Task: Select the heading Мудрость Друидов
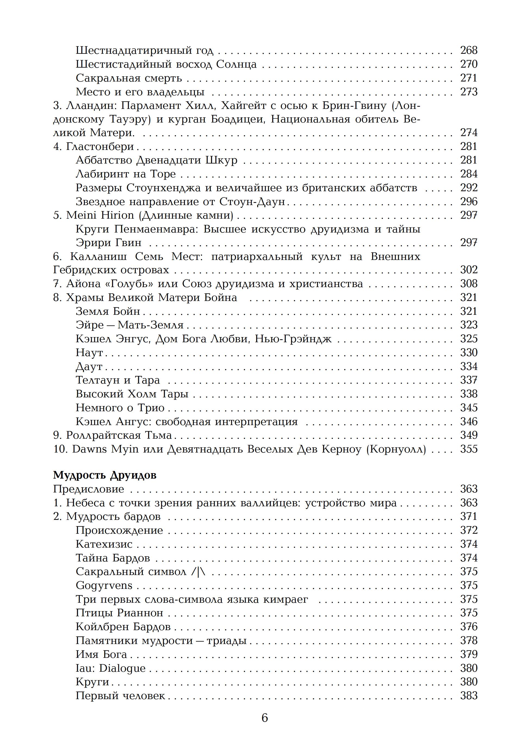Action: (104, 475)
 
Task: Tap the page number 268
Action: (469, 50)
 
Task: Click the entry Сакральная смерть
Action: (129, 78)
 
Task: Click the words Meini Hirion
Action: (100, 215)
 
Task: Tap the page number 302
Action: (469, 270)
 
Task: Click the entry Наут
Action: (89, 353)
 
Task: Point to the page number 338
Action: (469, 394)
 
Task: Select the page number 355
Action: (469, 449)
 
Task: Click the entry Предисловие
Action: (88, 489)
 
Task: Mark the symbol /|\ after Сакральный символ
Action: (198, 572)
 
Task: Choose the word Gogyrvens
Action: (104, 586)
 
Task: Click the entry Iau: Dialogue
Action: (110, 668)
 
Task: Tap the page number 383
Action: (469, 696)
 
